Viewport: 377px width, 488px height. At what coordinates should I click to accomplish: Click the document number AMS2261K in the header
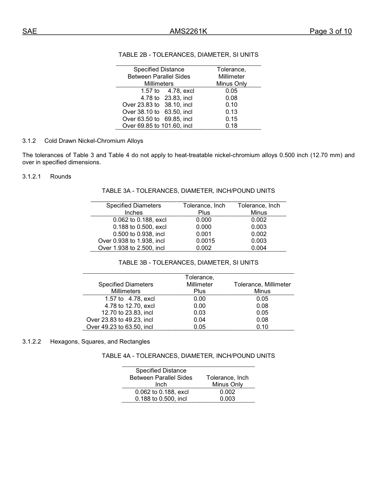(188, 32)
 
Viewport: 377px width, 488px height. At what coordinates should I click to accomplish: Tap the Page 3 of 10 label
(330, 32)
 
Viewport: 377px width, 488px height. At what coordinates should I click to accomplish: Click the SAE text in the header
(29, 32)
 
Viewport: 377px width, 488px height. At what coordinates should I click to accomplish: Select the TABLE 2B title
(188, 55)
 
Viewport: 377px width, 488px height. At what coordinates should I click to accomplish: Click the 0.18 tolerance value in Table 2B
(231, 126)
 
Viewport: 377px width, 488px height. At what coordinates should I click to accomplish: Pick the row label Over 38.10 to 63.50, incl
(157, 112)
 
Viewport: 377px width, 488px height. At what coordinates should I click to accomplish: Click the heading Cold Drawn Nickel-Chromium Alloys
(94, 141)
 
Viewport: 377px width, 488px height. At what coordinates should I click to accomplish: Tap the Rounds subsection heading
(61, 177)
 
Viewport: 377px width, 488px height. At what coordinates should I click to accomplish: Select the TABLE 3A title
(188, 191)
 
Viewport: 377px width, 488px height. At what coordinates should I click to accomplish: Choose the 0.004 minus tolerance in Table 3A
(259, 248)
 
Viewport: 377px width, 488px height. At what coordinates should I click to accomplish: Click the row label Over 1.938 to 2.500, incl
(131, 248)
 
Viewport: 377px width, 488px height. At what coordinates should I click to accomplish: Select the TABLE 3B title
(188, 263)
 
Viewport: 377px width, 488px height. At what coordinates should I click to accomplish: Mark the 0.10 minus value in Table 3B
(262, 327)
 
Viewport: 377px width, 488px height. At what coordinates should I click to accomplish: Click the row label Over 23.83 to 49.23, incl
(120, 320)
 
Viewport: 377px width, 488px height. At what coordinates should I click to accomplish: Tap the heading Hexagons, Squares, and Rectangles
(100, 342)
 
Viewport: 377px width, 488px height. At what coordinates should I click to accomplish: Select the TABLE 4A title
(188, 356)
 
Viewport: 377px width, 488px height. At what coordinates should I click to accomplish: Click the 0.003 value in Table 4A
(227, 399)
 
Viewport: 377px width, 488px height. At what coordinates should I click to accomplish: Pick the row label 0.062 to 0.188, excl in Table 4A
(162, 392)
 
